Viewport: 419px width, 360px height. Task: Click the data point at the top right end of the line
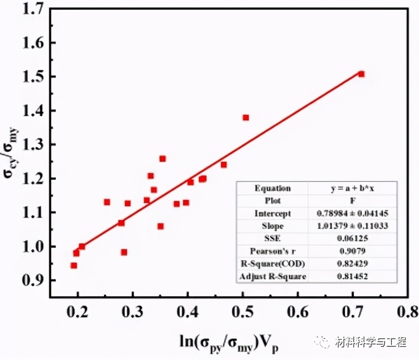pos(361,74)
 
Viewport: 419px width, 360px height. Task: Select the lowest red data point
pos(73,266)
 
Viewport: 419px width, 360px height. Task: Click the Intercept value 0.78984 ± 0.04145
pos(352,214)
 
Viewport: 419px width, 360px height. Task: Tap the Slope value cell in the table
pos(352,226)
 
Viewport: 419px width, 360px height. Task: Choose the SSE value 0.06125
pos(352,239)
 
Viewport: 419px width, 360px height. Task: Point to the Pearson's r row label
pos(272,251)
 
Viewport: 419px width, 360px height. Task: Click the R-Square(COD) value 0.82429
pos(352,264)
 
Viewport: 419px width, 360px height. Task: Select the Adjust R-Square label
pos(272,277)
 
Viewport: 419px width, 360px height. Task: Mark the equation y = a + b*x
pos(352,188)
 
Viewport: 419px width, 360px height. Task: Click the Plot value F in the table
pos(352,201)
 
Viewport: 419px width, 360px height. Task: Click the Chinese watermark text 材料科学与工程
pos(371,342)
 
